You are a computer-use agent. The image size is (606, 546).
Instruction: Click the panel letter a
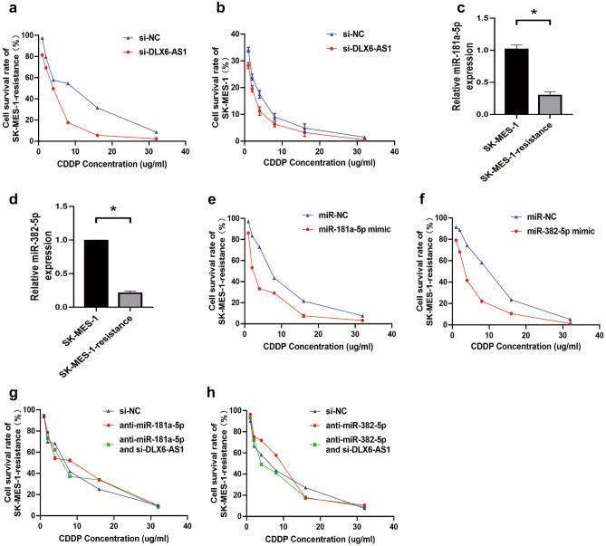click(x=5, y=8)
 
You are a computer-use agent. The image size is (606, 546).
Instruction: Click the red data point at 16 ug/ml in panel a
click(x=97, y=135)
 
